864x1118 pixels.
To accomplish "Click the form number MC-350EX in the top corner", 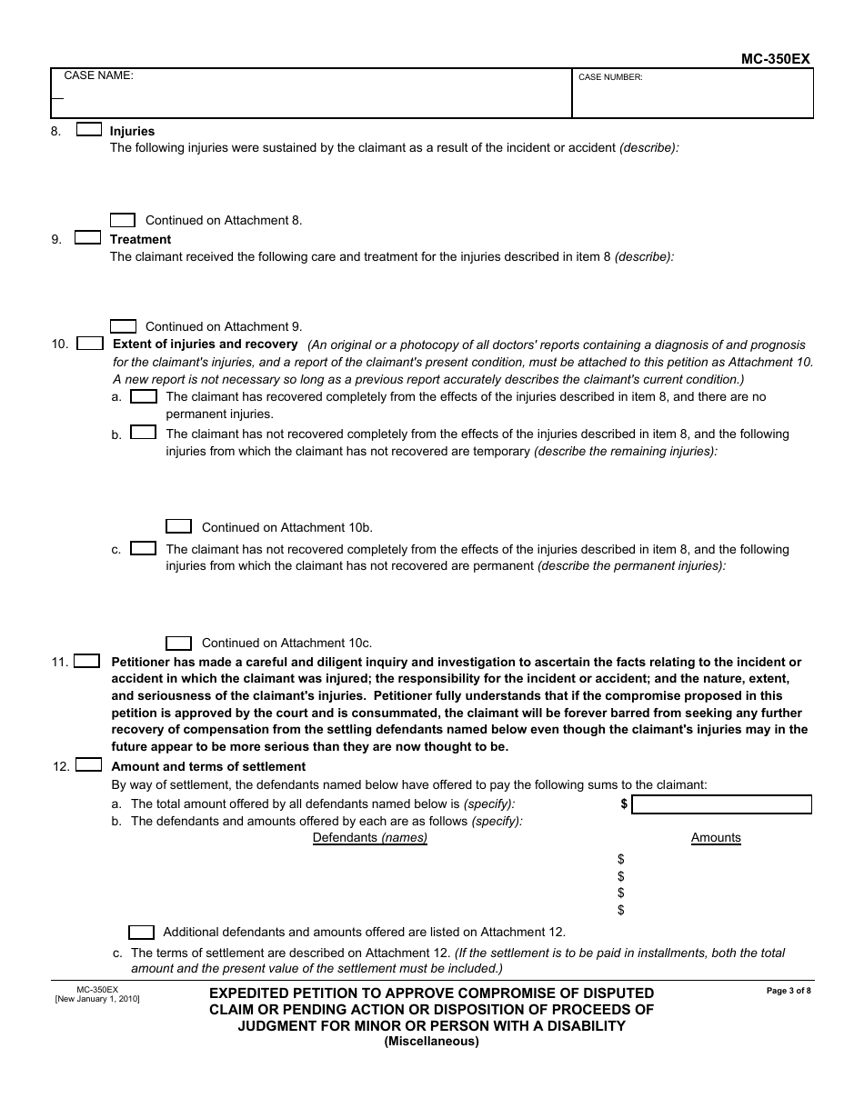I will tap(775, 59).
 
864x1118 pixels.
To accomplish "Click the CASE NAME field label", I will tap(98, 76).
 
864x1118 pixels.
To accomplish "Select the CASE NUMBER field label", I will tap(610, 78).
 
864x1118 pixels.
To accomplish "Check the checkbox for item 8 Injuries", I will tap(88, 130).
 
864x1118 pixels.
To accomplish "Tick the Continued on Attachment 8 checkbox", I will tap(123, 220).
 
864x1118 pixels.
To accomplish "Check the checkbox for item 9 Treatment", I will tap(88, 238).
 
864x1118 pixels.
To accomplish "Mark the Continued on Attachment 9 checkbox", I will tap(123, 326).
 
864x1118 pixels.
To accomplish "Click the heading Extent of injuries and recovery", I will tap(205, 344).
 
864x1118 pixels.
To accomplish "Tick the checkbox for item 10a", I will tap(144, 396).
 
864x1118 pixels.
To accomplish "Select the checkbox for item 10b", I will tap(144, 433).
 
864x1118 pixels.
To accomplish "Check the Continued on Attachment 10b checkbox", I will tap(179, 526).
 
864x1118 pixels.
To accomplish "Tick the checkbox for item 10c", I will tap(144, 548).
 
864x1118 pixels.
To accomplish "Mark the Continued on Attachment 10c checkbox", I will tap(179, 643).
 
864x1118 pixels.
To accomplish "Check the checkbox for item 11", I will tap(87, 662).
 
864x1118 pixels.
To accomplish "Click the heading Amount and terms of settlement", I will tap(208, 766).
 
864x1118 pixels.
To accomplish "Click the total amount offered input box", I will tap(721, 804).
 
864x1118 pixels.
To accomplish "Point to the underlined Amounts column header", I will tap(716, 838).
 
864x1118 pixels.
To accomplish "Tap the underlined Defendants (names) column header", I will tap(370, 838).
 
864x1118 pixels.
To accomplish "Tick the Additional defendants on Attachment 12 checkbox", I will tap(142, 932).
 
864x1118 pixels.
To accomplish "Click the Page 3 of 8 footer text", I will tap(789, 991).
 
